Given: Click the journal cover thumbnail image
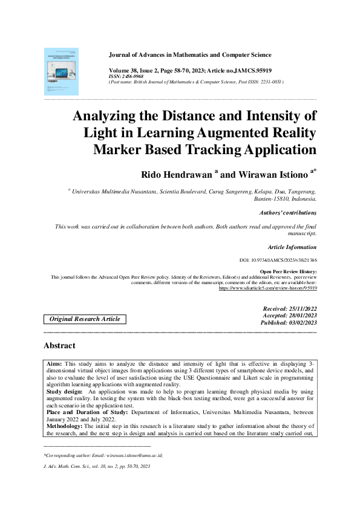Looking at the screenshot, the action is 61,71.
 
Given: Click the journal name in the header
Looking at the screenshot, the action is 189,55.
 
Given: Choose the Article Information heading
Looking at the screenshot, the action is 292,247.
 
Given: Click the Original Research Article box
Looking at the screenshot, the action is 85,319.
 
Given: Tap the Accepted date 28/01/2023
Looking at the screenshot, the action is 289,316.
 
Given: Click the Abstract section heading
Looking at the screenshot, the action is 60,346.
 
